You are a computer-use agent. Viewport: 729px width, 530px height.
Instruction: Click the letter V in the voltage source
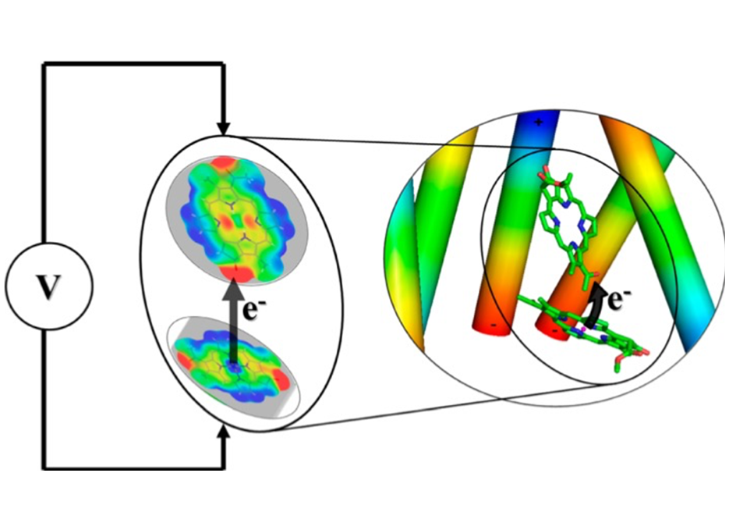tap(49, 286)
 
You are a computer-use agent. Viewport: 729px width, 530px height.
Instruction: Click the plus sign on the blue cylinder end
tap(539, 123)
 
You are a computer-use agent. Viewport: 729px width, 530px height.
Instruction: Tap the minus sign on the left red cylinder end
tap(494, 325)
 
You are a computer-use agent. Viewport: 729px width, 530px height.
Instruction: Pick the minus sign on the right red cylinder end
tap(554, 331)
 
